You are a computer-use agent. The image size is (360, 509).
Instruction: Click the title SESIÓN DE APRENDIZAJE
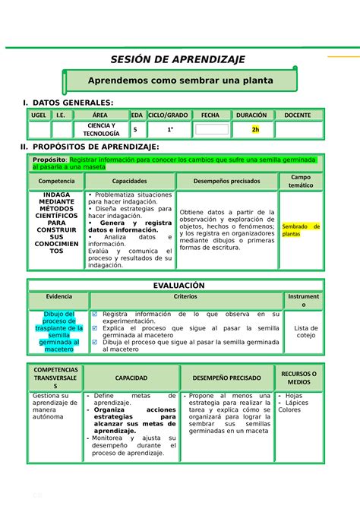click(x=179, y=61)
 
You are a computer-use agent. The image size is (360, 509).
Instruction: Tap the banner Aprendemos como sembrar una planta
click(x=181, y=80)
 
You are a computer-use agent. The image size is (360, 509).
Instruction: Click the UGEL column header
click(x=38, y=115)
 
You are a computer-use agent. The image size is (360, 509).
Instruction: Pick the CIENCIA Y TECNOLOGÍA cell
click(x=101, y=129)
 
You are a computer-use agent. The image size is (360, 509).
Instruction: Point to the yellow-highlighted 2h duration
click(x=256, y=129)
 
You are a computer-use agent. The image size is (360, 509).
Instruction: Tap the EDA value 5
click(x=135, y=129)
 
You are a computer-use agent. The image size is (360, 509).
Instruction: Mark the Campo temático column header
click(x=301, y=181)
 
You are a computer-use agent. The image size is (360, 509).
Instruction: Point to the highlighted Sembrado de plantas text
click(x=301, y=230)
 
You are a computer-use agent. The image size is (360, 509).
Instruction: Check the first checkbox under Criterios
click(x=94, y=314)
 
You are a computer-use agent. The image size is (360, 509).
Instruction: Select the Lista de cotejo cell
click(x=305, y=331)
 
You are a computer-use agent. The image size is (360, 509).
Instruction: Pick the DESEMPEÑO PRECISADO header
click(x=228, y=378)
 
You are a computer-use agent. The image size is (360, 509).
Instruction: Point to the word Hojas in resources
click(x=294, y=396)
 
